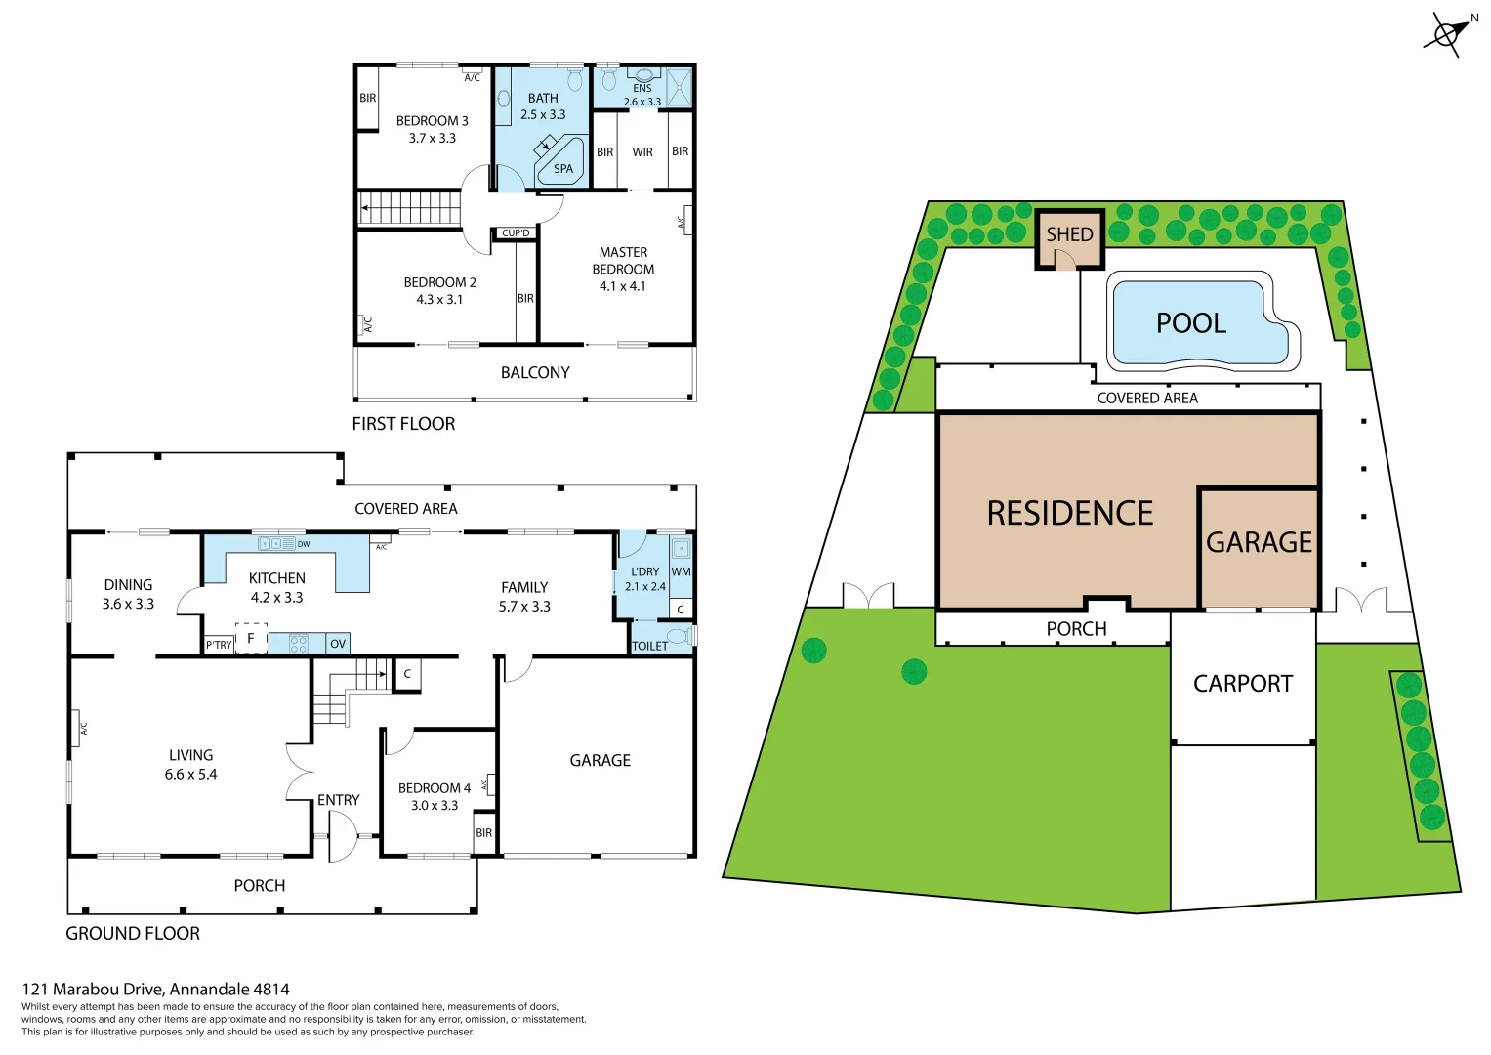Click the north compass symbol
1447,33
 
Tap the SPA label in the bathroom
563,169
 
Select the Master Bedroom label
623,261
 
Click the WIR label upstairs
642,152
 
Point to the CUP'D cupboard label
516,233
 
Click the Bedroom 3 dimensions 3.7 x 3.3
432,139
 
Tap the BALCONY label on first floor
535,373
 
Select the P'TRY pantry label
219,645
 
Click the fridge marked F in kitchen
251,639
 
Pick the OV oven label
338,644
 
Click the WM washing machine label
681,572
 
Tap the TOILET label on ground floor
650,646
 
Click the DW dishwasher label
304,544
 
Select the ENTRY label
338,800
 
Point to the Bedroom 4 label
435,788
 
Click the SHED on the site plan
1069,234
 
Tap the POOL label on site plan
1190,323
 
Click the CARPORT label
1242,684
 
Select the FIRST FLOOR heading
403,424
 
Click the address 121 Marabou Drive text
155,989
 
